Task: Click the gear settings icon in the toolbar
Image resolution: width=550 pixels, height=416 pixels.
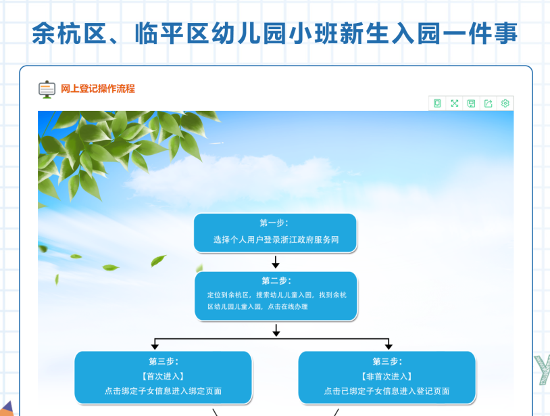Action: click(x=505, y=103)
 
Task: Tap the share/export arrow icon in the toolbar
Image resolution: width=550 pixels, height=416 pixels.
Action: click(x=488, y=103)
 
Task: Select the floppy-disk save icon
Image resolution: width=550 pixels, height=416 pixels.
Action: click(x=471, y=103)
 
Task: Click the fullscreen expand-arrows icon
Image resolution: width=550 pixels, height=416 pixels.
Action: click(x=454, y=103)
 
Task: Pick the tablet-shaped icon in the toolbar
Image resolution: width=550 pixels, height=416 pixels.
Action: click(x=437, y=103)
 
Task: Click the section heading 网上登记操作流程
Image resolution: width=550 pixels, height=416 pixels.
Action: click(x=98, y=89)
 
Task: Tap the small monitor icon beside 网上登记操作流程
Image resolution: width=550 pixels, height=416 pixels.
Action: click(x=47, y=89)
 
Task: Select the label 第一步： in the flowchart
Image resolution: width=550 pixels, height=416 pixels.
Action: click(x=274, y=223)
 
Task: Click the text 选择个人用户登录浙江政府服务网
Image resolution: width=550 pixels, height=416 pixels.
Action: click(x=275, y=239)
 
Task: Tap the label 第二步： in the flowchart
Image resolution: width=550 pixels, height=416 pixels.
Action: click(x=276, y=281)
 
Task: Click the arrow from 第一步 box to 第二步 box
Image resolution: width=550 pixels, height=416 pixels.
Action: click(x=276, y=262)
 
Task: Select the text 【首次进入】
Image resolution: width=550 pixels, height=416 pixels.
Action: click(x=163, y=376)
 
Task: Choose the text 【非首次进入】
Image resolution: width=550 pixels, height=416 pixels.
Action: click(x=386, y=376)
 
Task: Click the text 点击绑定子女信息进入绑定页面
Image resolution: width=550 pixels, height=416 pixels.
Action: click(x=163, y=391)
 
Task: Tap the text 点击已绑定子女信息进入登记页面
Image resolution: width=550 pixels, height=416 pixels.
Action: click(x=386, y=391)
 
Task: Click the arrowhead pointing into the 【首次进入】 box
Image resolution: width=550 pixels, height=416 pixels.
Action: click(x=155, y=346)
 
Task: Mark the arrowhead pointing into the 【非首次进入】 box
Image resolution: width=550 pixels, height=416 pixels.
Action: click(x=388, y=346)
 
